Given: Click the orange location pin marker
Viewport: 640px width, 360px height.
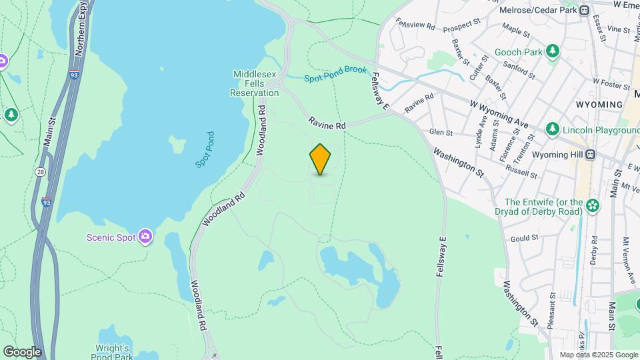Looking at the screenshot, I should [x=320, y=159].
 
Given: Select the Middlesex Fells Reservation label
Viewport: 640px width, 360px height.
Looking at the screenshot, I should [x=255, y=84].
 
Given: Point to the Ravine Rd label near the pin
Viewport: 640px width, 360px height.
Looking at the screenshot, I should [x=327, y=123].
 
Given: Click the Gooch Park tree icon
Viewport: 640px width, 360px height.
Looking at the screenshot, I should [x=552, y=51].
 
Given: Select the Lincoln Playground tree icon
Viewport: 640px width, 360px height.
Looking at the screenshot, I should [x=552, y=129].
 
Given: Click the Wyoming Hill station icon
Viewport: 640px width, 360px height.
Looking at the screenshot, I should [x=589, y=154].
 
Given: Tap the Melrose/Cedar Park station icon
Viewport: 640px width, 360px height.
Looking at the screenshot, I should [x=584, y=10].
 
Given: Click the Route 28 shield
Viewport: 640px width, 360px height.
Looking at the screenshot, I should [x=41, y=172].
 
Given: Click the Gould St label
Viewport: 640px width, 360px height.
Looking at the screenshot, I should [x=525, y=239].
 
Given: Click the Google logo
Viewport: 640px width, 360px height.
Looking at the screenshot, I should [x=22, y=351].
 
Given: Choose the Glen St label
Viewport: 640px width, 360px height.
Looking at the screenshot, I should [x=441, y=132].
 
